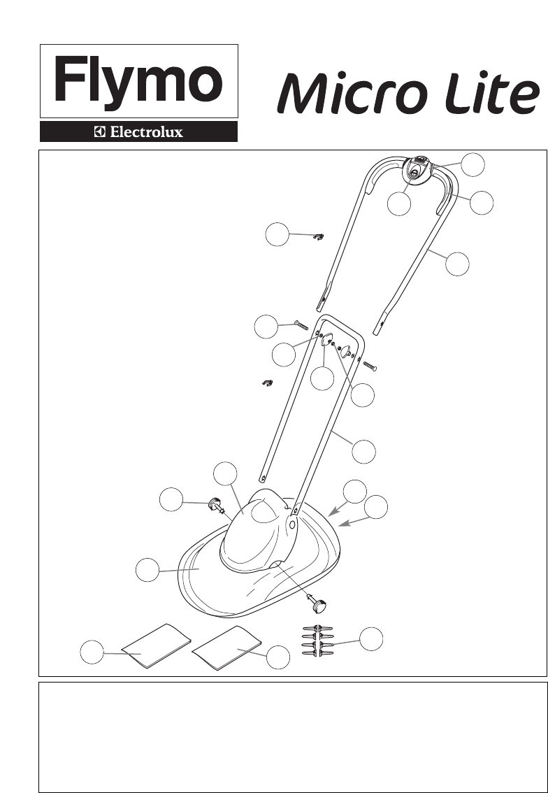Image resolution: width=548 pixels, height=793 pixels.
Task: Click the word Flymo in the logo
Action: pos(138,81)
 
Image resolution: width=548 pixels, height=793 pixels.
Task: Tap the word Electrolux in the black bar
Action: pos(147,132)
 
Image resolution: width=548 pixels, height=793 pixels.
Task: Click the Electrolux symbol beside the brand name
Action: pos(100,132)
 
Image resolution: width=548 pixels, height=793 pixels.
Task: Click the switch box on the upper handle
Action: pos(416,171)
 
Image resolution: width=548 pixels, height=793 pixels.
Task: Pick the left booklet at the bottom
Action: pos(156,646)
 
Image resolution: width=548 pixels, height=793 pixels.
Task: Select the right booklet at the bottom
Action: pos(226,648)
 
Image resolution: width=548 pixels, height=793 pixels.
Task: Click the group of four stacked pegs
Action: pos(317,641)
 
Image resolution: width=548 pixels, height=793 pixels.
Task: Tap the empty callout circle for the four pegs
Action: pos(371,638)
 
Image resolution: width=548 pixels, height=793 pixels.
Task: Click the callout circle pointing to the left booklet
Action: pos(92,652)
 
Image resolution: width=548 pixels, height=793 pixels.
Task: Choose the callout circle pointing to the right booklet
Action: pos(278,657)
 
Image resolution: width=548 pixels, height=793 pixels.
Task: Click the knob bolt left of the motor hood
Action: pos(217,506)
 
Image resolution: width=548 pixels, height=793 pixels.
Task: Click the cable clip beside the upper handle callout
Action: pos(319,236)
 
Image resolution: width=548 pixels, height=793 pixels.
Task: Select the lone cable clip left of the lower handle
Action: pos(268,383)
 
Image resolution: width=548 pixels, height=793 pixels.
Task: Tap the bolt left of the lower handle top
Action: pos(301,325)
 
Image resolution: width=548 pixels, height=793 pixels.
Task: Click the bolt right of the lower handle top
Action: pos(370,366)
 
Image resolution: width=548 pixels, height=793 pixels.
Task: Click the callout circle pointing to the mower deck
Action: pos(147,570)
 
